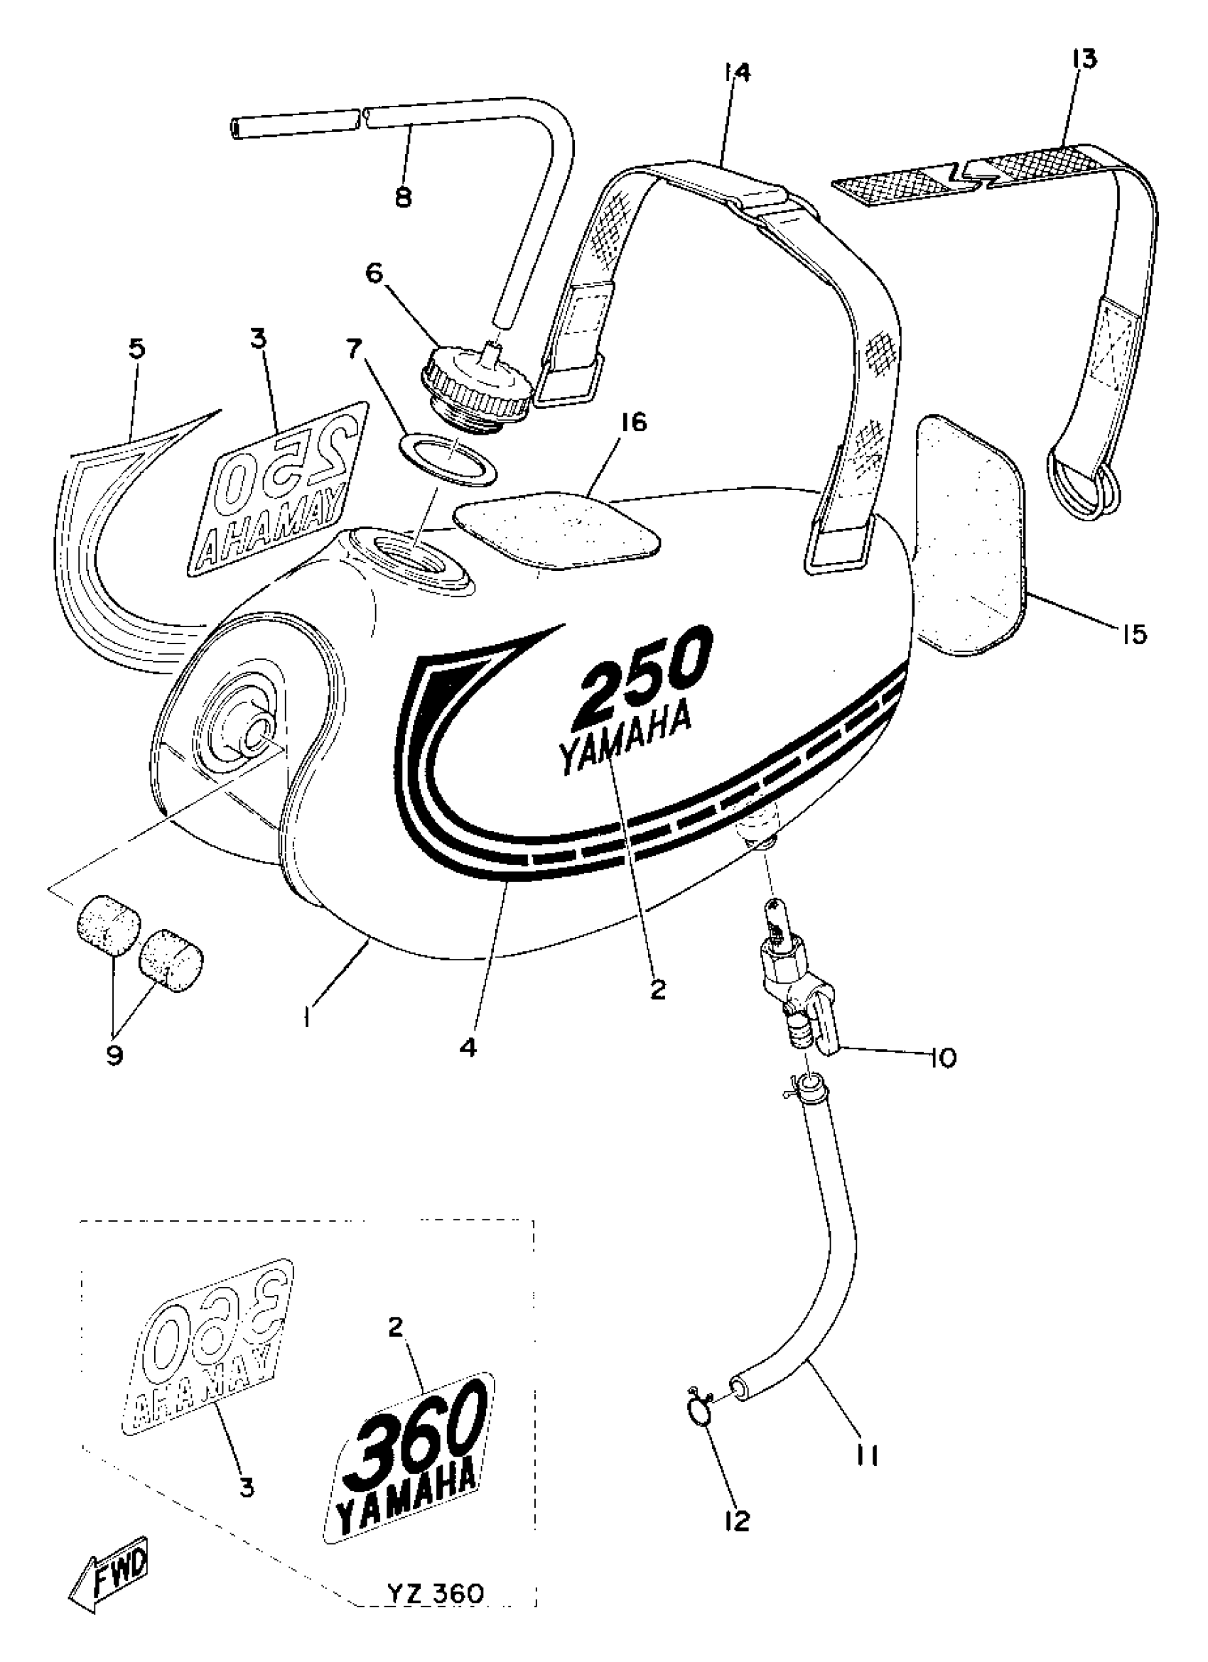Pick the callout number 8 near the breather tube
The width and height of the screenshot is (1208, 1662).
(x=403, y=197)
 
